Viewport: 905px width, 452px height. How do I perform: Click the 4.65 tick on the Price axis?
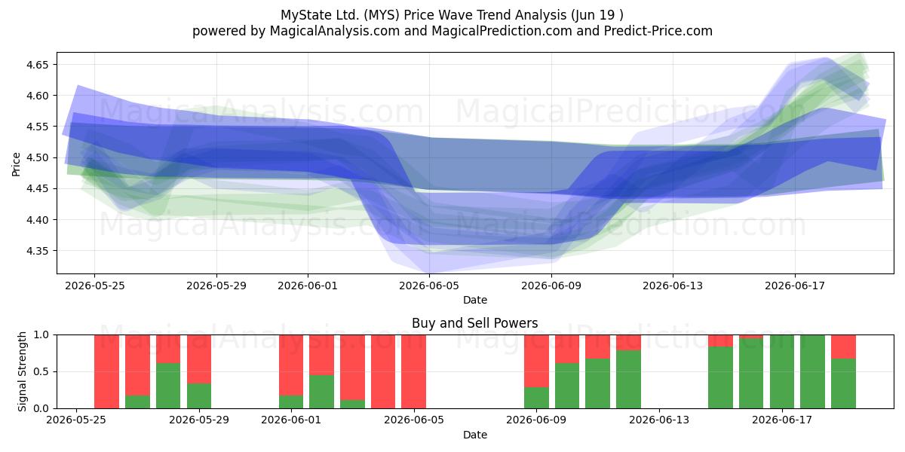coord(37,65)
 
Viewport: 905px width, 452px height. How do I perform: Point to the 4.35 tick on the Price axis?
coord(37,251)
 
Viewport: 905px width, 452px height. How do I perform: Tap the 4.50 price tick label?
coord(37,157)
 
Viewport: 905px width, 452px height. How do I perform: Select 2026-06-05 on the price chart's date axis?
coord(429,286)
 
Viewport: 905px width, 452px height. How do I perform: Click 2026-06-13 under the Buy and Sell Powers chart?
coord(659,420)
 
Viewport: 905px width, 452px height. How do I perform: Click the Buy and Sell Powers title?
coord(474,323)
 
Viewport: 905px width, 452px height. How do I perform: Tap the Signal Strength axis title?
coord(22,371)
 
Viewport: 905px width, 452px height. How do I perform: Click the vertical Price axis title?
coord(16,164)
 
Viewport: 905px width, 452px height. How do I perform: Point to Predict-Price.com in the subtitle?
coord(658,31)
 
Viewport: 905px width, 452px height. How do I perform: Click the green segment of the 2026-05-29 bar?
coord(199,396)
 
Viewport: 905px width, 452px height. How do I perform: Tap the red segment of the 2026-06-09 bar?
coord(536,361)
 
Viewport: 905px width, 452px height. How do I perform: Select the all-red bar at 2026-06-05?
coord(414,371)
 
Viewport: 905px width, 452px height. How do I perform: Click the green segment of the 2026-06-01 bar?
coord(291,402)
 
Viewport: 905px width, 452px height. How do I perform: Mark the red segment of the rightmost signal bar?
coord(844,347)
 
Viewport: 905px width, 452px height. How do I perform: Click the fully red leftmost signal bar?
coord(106,371)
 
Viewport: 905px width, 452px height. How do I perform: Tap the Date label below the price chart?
coord(474,301)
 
